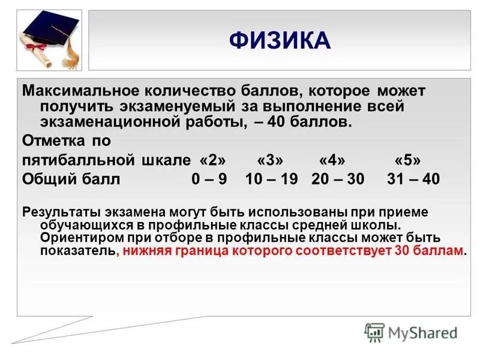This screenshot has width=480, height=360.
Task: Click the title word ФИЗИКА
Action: tap(280, 41)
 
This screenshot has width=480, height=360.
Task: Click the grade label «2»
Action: tap(213, 161)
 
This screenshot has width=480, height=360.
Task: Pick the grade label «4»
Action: tap(332, 161)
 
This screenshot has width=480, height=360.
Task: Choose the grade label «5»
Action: tap(408, 161)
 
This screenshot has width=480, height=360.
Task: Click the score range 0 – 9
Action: tap(209, 179)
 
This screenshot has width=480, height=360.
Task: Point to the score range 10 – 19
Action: tap(271, 179)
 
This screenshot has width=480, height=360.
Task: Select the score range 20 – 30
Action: tap(337, 179)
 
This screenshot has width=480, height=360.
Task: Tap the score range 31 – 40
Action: tap(413, 179)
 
